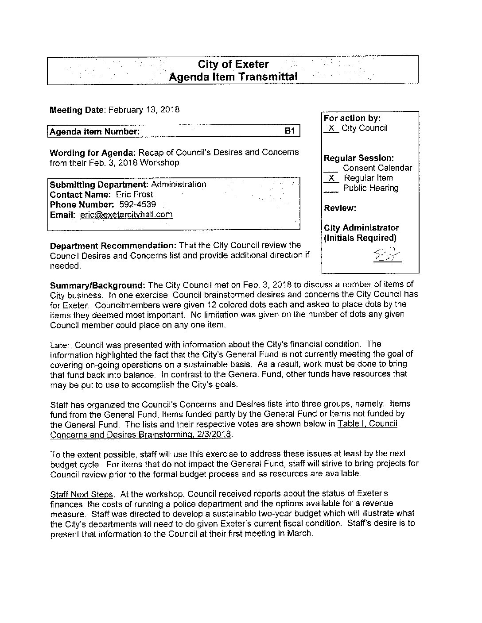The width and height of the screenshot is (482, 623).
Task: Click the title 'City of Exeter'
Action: tap(233, 65)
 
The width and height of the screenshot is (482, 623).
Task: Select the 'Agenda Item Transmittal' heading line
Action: tap(233, 77)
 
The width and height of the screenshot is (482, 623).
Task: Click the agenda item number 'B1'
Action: tap(289, 131)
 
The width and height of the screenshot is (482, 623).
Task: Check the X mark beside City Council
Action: tap(331, 128)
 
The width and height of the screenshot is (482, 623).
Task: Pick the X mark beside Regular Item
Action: tap(331, 178)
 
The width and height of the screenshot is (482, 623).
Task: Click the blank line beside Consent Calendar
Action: tap(330, 169)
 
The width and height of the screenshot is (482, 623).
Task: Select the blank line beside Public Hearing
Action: tap(330, 189)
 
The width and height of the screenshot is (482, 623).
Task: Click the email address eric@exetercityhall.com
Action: tap(126, 215)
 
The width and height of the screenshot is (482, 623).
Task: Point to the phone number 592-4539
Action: tap(137, 204)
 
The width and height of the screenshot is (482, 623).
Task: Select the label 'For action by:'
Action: tap(352, 118)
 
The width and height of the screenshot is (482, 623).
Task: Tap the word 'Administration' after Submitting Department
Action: tap(179, 185)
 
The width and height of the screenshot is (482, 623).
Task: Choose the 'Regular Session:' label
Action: tap(359, 158)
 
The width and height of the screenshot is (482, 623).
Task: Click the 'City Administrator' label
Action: tap(361, 228)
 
